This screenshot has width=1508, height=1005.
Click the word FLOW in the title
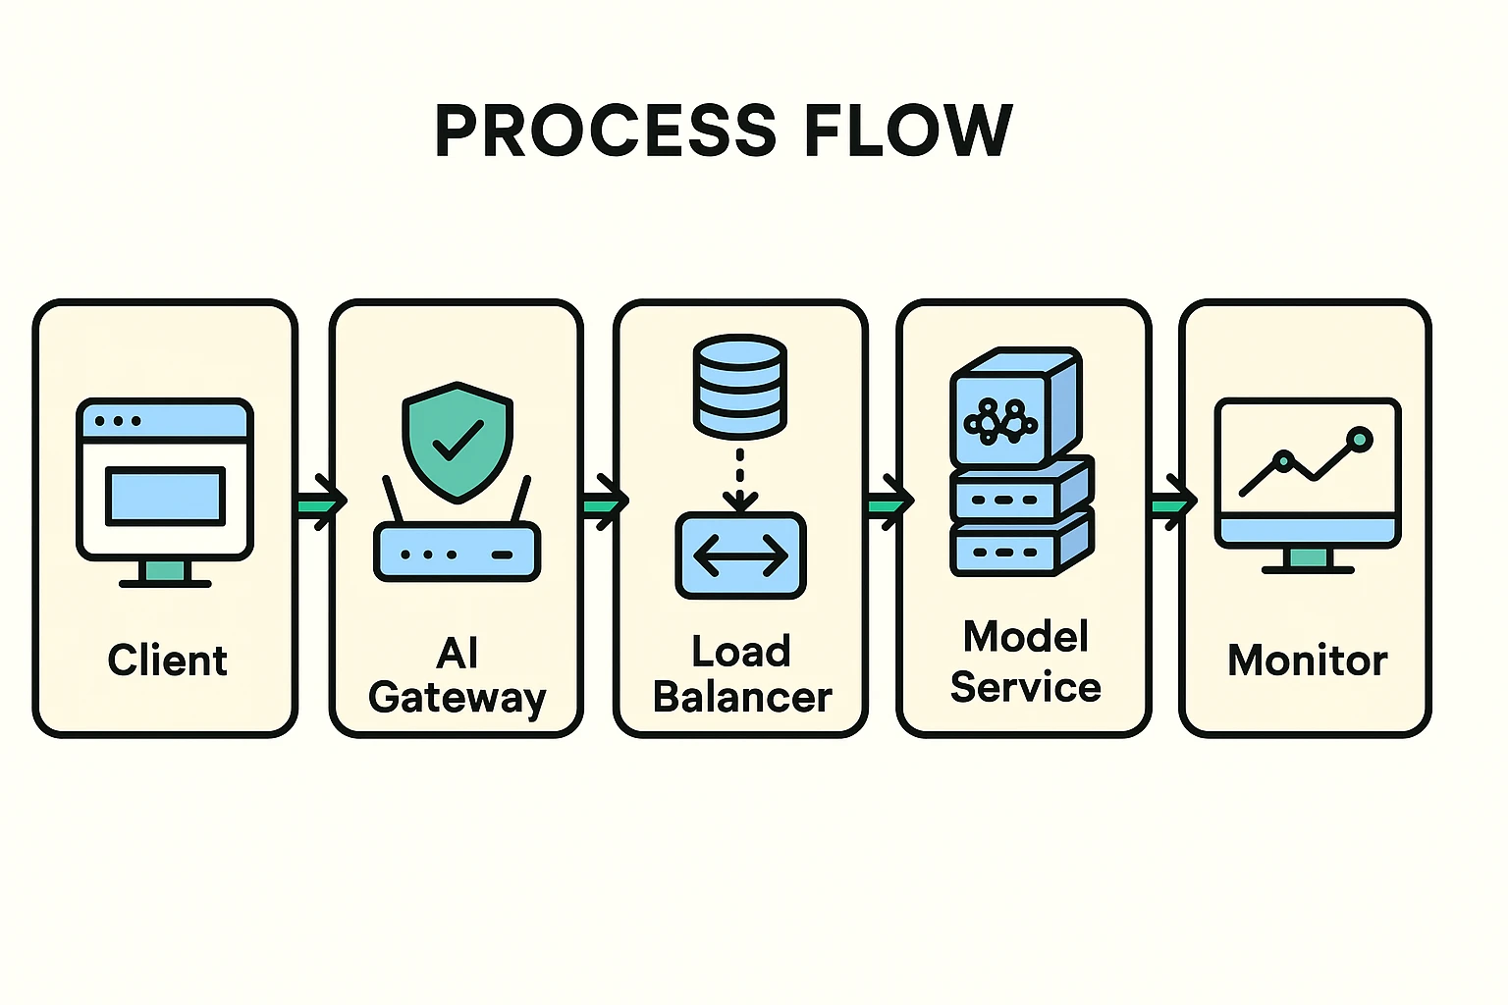click(908, 131)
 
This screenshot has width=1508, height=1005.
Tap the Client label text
click(167, 661)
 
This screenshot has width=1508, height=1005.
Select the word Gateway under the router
click(457, 698)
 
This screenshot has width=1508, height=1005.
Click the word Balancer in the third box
click(742, 698)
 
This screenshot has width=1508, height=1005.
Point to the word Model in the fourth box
click(1026, 637)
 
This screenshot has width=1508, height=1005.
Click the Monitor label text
click(1307, 661)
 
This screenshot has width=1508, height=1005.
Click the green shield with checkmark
click(458, 441)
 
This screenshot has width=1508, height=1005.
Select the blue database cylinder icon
click(739, 386)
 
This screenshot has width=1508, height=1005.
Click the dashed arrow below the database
click(739, 480)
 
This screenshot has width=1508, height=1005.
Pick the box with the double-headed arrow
click(740, 555)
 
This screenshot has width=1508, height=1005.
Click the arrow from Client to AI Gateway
click(320, 502)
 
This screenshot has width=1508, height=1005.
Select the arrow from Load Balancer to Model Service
click(889, 502)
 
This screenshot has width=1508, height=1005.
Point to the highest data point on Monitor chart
click(1360, 439)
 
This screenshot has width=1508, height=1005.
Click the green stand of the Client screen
click(164, 571)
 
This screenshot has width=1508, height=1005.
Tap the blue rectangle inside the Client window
click(165, 496)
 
